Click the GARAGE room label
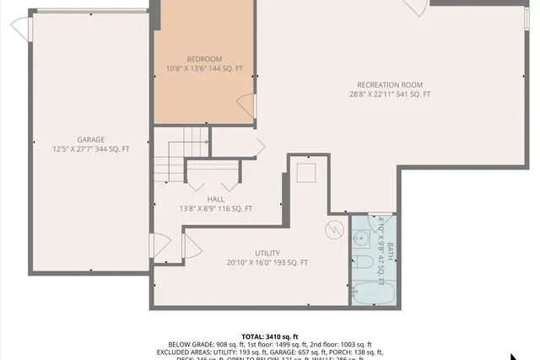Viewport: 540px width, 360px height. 91,139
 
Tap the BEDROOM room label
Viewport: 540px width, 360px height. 204,58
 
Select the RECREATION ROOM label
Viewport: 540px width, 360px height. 390,84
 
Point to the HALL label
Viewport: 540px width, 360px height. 215,198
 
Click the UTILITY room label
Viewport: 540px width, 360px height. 267,253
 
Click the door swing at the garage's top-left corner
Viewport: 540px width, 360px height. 21,29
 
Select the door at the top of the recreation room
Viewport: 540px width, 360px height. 413,8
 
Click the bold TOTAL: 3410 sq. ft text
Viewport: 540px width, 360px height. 270,336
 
